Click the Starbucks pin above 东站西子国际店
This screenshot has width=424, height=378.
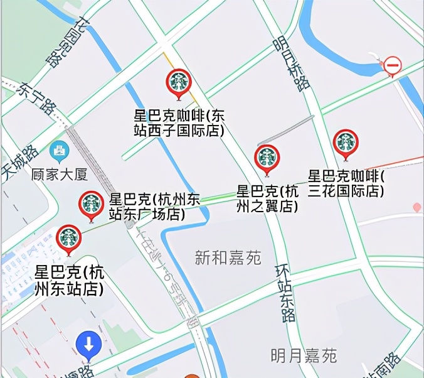tap(179, 82)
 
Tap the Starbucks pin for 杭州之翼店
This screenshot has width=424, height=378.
tap(267, 158)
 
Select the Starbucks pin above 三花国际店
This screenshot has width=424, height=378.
tap(346, 143)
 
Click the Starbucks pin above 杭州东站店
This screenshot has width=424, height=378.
tap(69, 238)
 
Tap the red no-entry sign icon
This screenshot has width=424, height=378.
tap(393, 65)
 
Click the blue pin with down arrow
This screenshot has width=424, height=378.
tap(89, 345)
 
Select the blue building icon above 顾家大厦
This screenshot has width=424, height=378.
tap(60, 150)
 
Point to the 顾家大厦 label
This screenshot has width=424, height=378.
tap(62, 173)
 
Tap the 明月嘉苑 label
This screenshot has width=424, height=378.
tap(304, 356)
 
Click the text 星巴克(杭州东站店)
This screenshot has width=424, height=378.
tap(69, 281)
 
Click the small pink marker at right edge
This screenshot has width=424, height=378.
tap(417, 207)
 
